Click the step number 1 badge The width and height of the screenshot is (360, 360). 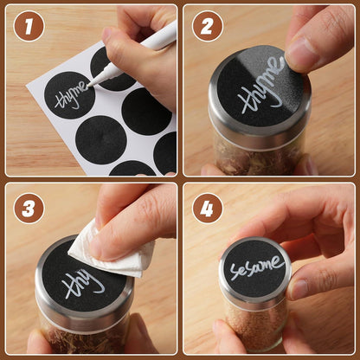[x=29, y=26]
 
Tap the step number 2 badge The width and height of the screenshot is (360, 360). [x=207, y=26]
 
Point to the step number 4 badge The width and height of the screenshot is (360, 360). [x=207, y=209]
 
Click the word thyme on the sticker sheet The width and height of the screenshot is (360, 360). [x=71, y=96]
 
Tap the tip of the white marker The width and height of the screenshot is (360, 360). [x=89, y=86]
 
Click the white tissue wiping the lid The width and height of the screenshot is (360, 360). [x=112, y=248]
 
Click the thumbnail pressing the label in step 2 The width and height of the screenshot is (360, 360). [x=297, y=52]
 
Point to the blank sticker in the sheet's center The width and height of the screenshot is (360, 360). [x=100, y=139]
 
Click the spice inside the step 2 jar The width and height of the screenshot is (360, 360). [x=257, y=158]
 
